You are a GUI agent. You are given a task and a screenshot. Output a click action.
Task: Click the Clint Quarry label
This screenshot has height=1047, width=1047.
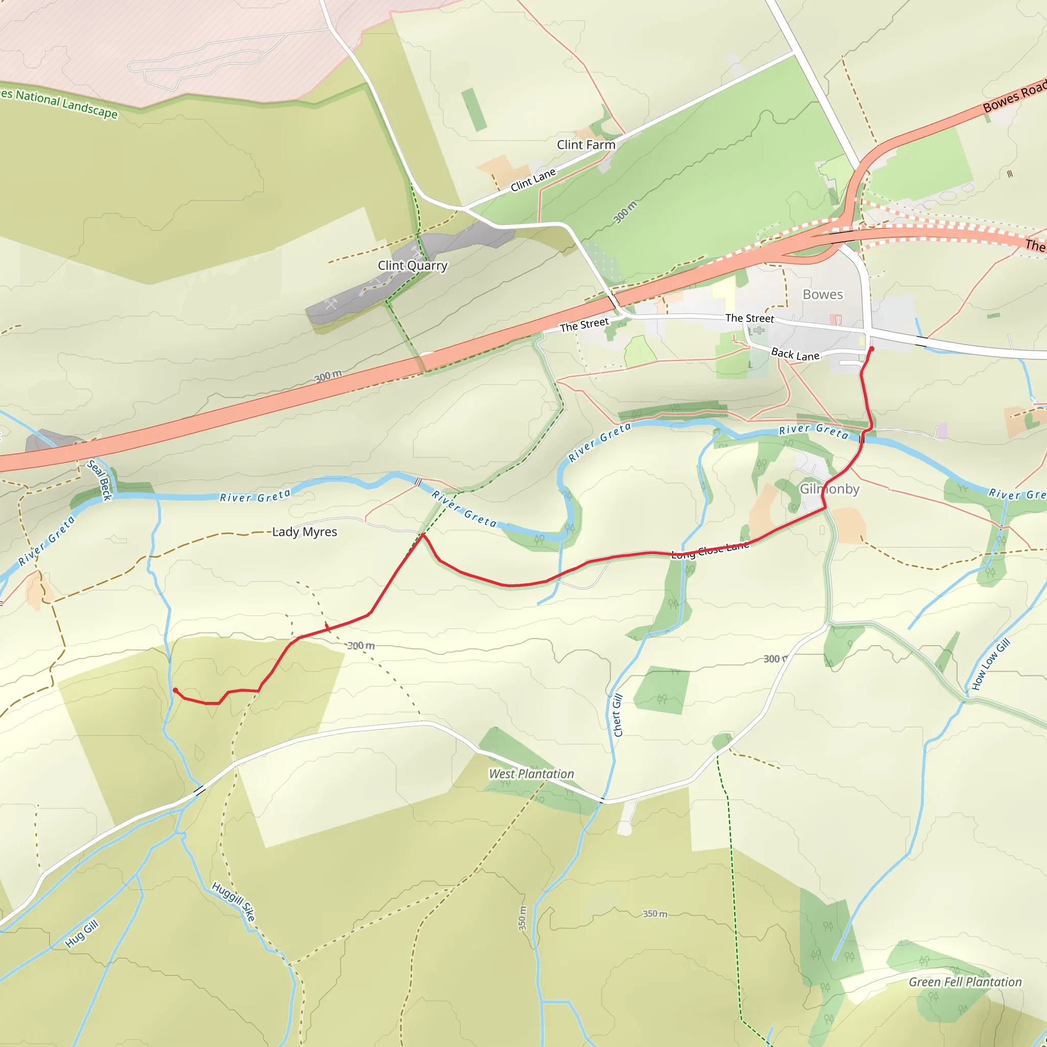pyautogui.click(x=413, y=265)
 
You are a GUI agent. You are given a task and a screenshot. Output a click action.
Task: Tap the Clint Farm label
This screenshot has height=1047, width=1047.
pyautogui.click(x=586, y=145)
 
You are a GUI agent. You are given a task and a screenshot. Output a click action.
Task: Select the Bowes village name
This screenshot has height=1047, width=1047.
pyautogui.click(x=823, y=294)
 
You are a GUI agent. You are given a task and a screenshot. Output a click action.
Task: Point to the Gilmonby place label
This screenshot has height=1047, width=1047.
pyautogui.click(x=830, y=489)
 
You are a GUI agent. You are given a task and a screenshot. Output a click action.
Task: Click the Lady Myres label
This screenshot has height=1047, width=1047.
pyautogui.click(x=305, y=532)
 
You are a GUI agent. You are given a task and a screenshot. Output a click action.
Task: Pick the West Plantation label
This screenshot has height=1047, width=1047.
pyautogui.click(x=531, y=774)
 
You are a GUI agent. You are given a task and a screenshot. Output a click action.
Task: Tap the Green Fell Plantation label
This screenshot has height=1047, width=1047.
pyautogui.click(x=965, y=982)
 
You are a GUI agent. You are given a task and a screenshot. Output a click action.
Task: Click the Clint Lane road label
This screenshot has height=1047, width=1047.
pyautogui.click(x=533, y=180)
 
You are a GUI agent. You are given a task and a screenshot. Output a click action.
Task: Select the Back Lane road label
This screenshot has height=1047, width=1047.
pyautogui.click(x=795, y=354)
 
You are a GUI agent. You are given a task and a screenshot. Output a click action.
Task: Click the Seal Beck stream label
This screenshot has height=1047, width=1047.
pyautogui.click(x=100, y=480)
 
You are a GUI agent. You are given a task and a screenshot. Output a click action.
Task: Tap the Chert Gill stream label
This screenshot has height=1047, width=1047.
pyautogui.click(x=618, y=715)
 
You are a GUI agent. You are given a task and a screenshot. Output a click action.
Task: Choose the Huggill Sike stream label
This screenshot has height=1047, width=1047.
pyautogui.click(x=234, y=902)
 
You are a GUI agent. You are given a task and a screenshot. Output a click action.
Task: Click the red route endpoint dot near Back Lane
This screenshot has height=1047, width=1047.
pyautogui.click(x=872, y=349)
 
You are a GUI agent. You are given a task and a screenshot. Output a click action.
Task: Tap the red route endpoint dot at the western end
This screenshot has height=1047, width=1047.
pyautogui.click(x=175, y=690)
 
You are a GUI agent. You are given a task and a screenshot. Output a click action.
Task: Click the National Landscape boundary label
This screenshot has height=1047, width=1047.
pyautogui.click(x=60, y=103)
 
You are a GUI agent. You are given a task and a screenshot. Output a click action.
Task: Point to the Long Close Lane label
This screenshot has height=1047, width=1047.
pyautogui.click(x=710, y=550)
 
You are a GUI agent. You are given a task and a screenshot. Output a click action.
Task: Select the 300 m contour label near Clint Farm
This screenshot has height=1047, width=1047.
pyautogui.click(x=625, y=212)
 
